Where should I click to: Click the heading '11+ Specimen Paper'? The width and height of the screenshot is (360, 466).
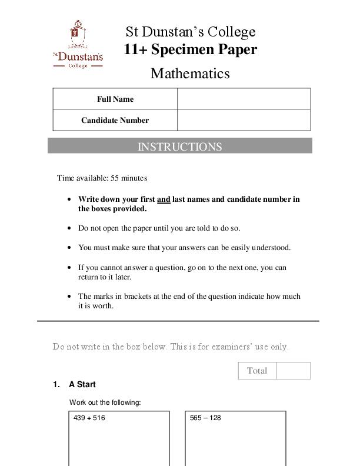pos(190,49)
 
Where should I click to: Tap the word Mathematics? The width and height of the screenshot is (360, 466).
pos(190,74)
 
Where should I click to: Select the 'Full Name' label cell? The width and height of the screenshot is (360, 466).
pos(115,99)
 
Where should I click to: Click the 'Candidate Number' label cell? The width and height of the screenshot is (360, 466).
pos(115,120)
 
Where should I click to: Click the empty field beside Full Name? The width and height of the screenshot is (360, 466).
pos(244,99)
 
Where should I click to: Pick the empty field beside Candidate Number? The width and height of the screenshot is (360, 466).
pos(244,120)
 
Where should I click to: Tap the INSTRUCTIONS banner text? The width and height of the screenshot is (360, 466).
pos(179,147)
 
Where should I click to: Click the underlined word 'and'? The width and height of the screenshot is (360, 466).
pos(164,199)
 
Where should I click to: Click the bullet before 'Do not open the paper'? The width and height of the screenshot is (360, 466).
pos(71,228)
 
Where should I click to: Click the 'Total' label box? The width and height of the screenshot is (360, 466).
pos(257,371)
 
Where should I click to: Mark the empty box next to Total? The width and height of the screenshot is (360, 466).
pos(293,371)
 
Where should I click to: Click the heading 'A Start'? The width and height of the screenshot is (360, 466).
pos(82,384)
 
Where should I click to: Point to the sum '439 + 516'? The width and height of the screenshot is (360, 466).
pos(89,418)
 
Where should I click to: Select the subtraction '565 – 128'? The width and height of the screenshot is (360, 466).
pos(205,418)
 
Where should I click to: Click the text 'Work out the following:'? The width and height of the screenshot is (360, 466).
pos(105,402)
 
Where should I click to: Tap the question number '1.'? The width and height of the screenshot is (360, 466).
pos(56,384)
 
